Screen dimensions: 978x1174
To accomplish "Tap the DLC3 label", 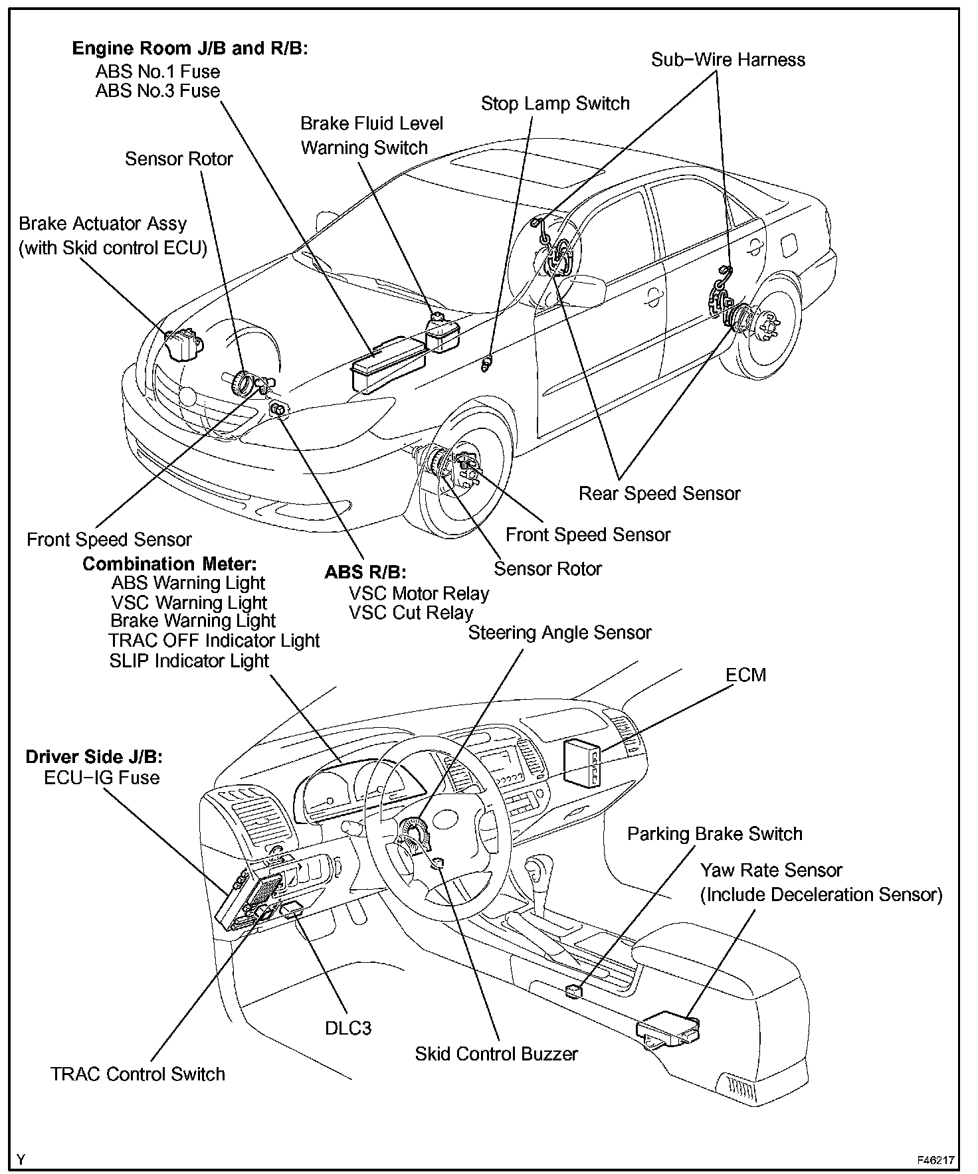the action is tap(348, 1028).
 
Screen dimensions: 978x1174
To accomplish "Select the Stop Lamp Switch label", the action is tap(555, 104).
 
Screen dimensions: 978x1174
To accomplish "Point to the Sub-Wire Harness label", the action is tap(728, 60).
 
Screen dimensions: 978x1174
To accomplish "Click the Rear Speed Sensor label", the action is tap(659, 493).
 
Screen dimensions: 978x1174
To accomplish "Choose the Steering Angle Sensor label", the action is tap(559, 632).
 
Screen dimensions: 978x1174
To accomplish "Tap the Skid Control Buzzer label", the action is tap(496, 1054).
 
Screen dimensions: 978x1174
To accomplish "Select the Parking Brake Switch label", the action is tap(715, 834).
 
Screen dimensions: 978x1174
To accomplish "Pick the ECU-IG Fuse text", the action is tap(102, 778).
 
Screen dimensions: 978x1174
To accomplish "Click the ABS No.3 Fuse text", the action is tap(157, 90).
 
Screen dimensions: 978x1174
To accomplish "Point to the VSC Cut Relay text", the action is tap(411, 613).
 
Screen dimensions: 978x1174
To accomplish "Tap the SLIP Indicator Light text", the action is tap(189, 661).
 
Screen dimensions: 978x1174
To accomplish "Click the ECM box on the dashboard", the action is tap(582, 761).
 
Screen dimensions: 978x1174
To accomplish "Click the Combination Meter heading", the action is tap(169, 564).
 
